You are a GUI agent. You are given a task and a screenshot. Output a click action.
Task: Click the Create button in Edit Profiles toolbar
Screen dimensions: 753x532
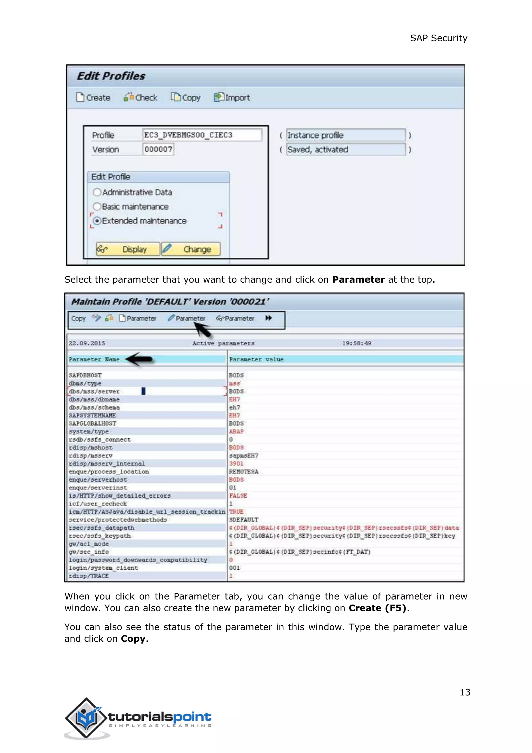coord(93,98)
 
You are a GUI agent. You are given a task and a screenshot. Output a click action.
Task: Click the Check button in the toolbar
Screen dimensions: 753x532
coord(141,98)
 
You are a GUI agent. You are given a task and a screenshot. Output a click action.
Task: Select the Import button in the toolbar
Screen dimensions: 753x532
coord(232,98)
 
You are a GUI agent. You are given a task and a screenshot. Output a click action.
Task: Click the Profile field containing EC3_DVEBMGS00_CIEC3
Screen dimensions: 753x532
coord(202,135)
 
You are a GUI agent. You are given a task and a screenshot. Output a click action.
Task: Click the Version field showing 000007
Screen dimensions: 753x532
coord(158,150)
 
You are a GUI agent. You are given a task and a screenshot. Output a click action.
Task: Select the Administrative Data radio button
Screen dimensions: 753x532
coord(97,192)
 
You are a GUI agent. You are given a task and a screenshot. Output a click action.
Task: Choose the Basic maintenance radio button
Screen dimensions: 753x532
coord(97,207)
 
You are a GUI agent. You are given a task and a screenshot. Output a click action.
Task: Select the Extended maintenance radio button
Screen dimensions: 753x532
coord(97,221)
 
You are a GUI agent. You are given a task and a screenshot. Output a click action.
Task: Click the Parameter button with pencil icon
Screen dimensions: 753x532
coord(187,318)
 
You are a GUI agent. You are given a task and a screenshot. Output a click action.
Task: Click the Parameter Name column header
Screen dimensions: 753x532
coord(94,359)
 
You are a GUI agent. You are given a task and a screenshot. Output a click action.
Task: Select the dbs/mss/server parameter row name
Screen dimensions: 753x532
coord(94,392)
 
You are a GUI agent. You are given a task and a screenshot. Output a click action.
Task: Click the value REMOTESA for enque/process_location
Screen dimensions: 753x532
coord(243,472)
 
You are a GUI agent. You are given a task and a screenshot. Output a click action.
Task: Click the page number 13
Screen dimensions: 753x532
coord(464,692)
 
